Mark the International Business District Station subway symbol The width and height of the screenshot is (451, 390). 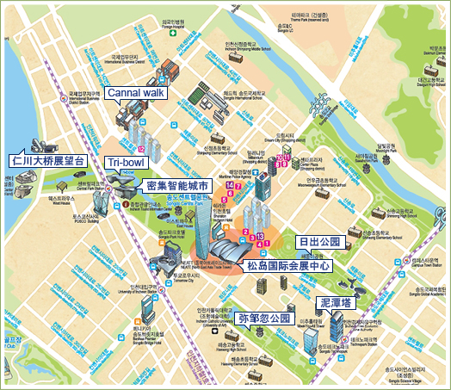64,97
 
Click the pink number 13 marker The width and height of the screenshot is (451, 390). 260,235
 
